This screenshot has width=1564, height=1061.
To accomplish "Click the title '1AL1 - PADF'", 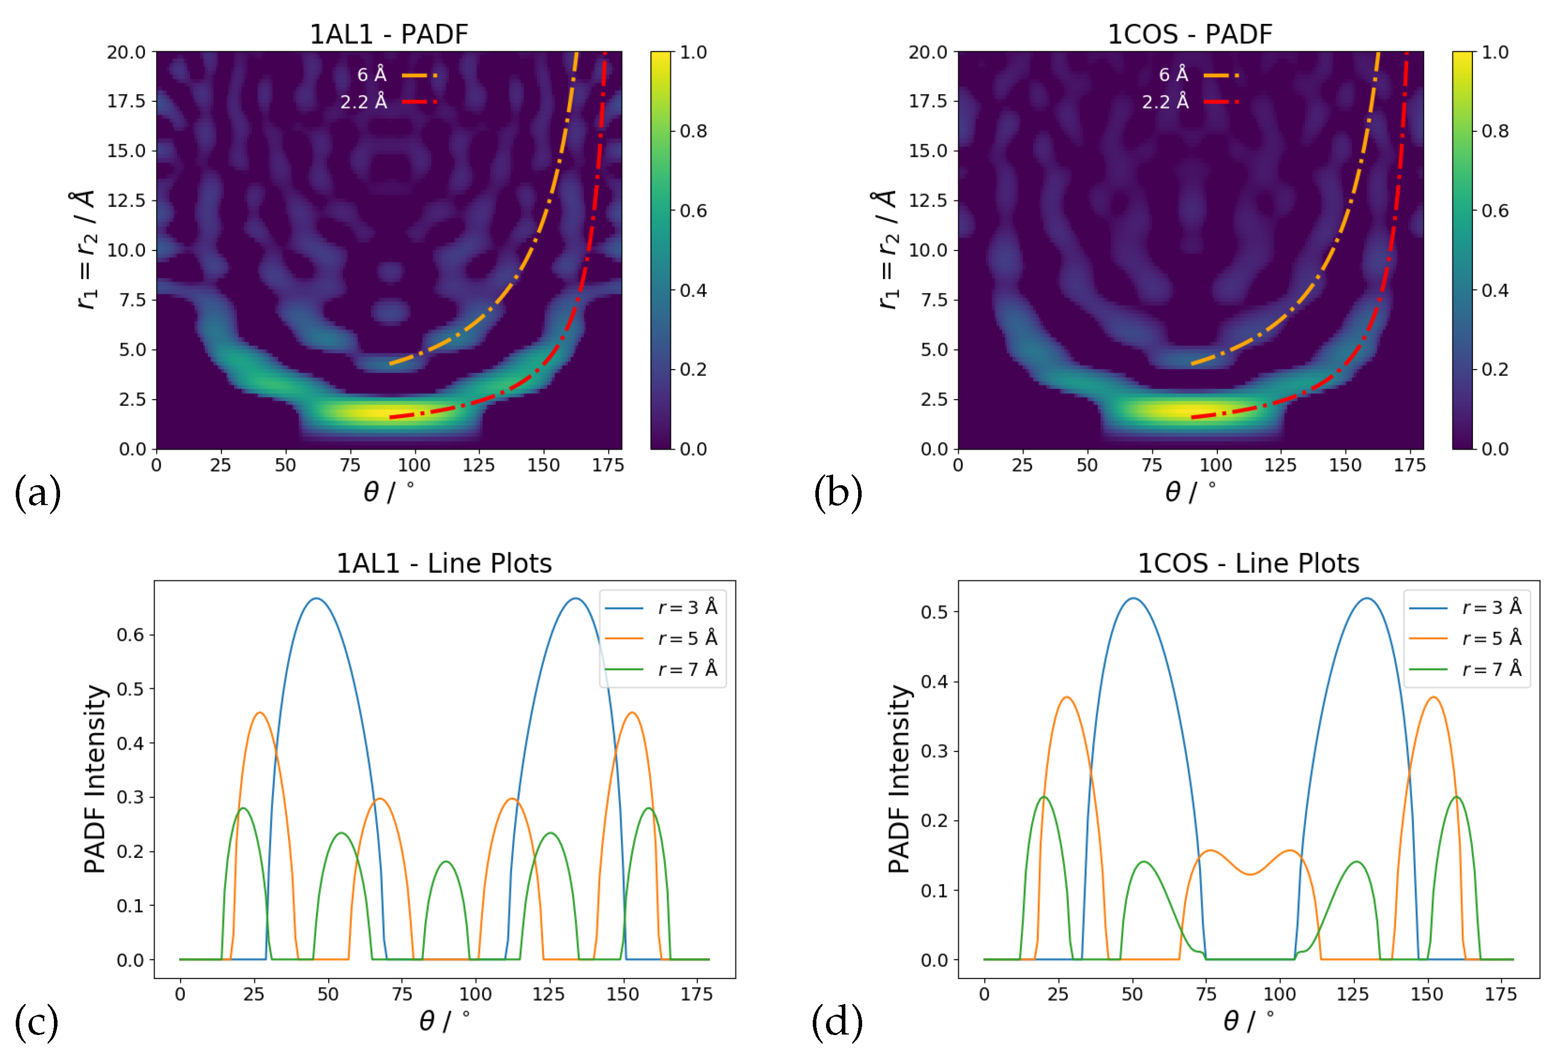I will pos(388,34).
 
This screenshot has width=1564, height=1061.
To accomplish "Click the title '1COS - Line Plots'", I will pos(1248,564).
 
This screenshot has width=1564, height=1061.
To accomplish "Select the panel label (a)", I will pos(38,493).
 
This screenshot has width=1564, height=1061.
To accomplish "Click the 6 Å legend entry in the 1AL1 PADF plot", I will pos(396,75).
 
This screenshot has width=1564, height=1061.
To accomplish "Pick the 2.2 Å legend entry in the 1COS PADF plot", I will pos(1188,102).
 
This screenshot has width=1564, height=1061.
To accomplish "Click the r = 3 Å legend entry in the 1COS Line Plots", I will pos(1466,608).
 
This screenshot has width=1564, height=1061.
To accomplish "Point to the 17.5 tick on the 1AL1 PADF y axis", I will pos(127,101).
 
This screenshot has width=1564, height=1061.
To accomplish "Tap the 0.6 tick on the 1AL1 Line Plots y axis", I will pos(131,635).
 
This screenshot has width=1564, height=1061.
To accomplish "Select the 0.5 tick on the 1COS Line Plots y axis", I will pos(934,612).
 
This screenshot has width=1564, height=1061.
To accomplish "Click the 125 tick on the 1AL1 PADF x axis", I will pos(478,465).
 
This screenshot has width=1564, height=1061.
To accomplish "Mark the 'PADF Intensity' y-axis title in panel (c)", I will pos(94,779).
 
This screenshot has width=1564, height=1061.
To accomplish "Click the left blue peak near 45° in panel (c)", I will pos(316,599).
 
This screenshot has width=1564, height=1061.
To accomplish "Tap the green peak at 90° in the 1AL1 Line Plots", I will pos(446,862).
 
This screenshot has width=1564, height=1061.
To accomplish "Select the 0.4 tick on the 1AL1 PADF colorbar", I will pos(693,290).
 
